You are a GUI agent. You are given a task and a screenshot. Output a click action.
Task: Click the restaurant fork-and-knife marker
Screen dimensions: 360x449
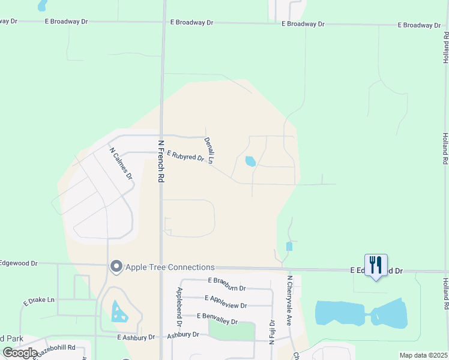[x=376, y=265]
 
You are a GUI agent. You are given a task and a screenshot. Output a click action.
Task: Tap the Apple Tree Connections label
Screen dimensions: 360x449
[x=169, y=267]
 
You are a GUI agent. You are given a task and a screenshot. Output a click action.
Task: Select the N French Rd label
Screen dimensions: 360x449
[x=160, y=161]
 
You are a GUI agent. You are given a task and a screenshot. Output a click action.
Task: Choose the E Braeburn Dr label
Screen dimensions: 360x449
[x=228, y=280]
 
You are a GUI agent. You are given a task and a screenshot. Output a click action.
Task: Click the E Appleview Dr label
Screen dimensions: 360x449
[x=226, y=298]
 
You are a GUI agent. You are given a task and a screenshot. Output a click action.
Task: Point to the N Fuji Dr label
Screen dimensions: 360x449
[x=271, y=331]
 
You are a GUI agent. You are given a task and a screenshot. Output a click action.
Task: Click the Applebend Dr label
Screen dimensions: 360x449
[x=179, y=307]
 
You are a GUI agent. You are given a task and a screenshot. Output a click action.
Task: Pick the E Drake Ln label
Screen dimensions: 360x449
[x=39, y=299]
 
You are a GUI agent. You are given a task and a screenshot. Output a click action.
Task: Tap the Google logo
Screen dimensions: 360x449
[x=20, y=353]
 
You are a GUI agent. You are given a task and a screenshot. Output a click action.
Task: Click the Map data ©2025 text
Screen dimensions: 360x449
[x=423, y=355]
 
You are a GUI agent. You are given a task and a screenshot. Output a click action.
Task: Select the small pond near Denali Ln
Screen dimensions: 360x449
[x=250, y=161]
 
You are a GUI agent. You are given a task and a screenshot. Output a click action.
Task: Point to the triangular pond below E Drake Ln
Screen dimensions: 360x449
[x=119, y=311]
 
